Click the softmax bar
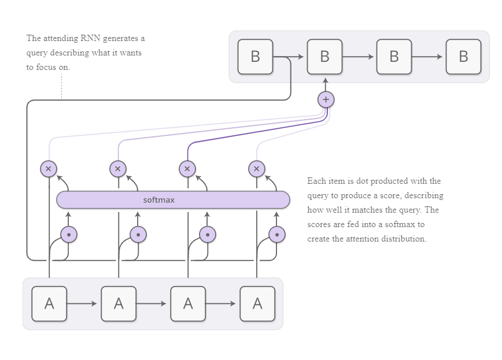[x=173, y=200]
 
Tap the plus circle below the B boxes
[x=326, y=99]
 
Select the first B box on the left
[x=255, y=57]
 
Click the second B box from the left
[x=324, y=57]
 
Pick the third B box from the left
[x=394, y=57]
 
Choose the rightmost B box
[x=463, y=57]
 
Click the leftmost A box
[x=49, y=303]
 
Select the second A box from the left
[x=119, y=303]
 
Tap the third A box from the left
[x=188, y=303]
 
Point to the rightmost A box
[x=257, y=303]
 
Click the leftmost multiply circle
[x=49, y=169]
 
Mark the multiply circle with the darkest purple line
[x=187, y=169]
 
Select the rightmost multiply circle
[x=256, y=169]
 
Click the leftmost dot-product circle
[x=69, y=235]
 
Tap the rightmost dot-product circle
[x=277, y=235]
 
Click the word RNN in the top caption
[x=91, y=39]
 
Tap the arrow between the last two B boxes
[x=428, y=57]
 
